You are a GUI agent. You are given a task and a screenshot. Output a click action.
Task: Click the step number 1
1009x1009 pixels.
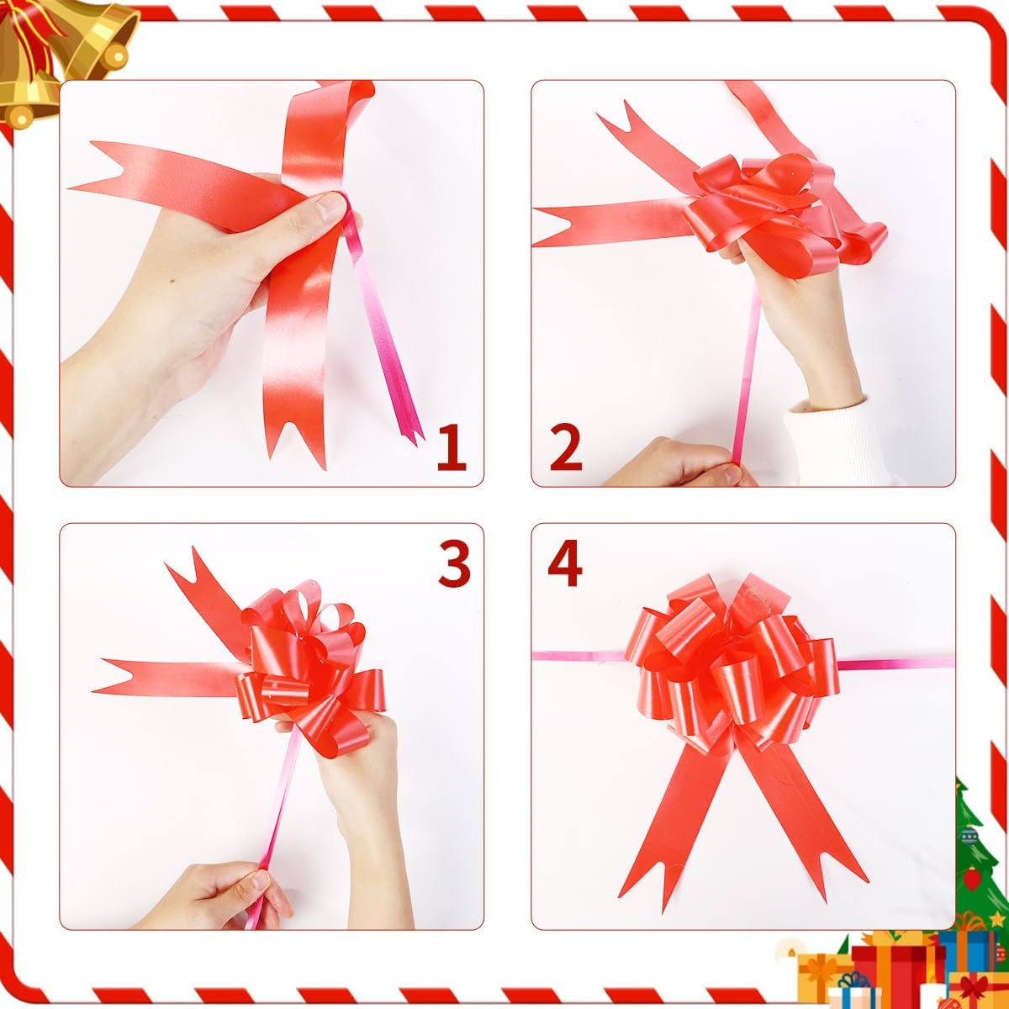tap(451, 446)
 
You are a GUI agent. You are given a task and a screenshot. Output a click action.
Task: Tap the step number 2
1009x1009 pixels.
tap(566, 446)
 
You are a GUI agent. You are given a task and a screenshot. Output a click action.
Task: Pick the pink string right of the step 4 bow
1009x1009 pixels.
tap(895, 664)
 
